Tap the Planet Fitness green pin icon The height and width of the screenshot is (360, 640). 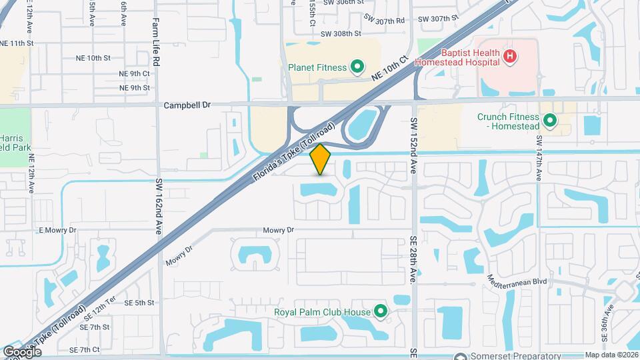[357, 67]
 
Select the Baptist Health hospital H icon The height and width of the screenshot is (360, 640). [509, 57]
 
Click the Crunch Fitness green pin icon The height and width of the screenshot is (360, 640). [550, 121]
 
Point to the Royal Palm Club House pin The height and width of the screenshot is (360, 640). [380, 311]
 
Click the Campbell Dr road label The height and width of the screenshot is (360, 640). [187, 105]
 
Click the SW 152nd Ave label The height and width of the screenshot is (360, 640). [413, 146]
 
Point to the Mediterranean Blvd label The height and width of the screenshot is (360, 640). [517, 281]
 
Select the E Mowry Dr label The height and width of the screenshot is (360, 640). [58, 230]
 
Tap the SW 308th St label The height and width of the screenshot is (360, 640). [341, 33]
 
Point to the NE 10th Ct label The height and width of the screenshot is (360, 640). [389, 69]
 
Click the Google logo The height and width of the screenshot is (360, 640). [22, 351]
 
